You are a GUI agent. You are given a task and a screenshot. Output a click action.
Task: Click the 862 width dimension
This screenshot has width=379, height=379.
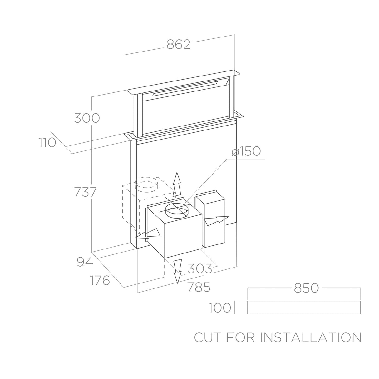pos(178,44)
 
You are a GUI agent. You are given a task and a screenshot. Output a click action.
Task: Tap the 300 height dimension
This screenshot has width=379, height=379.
pos(87,118)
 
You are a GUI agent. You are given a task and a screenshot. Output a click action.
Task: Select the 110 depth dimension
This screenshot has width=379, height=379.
pos(47,143)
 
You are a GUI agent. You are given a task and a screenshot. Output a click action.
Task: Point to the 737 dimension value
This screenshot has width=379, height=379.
pos(85,192)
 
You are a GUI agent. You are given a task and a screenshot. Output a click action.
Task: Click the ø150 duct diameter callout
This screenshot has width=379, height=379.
pos(246,151)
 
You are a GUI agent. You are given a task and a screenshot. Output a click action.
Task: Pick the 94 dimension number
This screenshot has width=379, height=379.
pos(85,262)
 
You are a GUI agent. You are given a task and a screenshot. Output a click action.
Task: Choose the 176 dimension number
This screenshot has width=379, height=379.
pos(100,280)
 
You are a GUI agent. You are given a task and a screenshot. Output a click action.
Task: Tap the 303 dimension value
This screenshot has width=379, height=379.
pos(200,268)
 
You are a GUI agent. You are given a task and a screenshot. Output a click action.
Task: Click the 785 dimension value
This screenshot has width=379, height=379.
pos(199,287)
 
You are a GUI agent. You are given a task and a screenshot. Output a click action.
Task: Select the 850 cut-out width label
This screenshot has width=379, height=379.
pos(306,288)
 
